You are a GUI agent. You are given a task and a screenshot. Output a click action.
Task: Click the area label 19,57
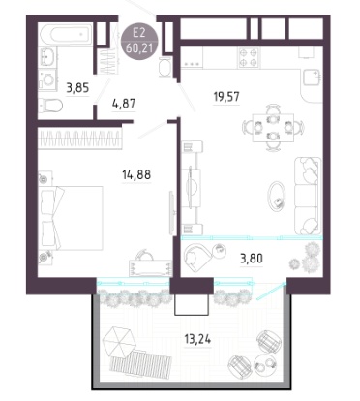(226, 96)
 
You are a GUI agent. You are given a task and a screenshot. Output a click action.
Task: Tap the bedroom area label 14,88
(136, 174)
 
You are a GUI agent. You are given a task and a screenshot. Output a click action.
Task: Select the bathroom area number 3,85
(77, 87)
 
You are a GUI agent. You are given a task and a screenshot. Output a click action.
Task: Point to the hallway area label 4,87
(124, 104)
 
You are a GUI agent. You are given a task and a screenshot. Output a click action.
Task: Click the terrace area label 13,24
(197, 339)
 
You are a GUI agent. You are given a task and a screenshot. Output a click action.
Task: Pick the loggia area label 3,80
(252, 259)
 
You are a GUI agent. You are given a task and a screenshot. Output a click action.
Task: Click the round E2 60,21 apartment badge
(139, 42)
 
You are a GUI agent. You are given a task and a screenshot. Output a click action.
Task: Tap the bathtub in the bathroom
(66, 34)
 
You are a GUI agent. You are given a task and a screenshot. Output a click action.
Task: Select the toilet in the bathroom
(50, 105)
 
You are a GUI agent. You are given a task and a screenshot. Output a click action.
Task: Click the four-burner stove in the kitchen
(249, 57)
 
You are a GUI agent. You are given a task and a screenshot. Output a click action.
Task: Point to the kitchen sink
(312, 77)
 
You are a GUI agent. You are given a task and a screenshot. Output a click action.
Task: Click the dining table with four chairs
(273, 127)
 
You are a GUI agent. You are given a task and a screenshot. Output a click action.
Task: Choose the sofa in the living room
(308, 196)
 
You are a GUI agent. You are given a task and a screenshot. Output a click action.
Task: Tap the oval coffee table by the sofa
(277, 197)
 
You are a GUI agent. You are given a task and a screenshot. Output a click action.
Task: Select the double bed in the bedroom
(71, 218)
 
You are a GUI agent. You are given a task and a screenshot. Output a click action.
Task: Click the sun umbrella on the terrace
(117, 342)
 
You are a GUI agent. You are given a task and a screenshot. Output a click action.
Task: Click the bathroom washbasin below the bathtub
(47, 57)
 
